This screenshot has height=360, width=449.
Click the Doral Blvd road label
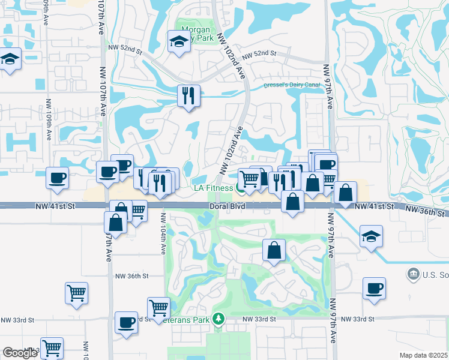pos(227,206)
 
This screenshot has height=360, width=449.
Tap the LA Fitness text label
pos(212,188)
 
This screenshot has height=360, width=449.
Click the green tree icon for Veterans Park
pos(220,319)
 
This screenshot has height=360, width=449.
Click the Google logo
pos(20,353)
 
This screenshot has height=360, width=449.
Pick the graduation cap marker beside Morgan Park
pos(178,42)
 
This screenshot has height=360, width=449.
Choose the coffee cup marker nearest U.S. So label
pos(374,288)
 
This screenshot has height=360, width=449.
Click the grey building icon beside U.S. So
pos(413,275)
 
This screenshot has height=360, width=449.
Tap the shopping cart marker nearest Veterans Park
pos(158,307)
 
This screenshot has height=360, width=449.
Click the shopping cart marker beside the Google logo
pos(52,347)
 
